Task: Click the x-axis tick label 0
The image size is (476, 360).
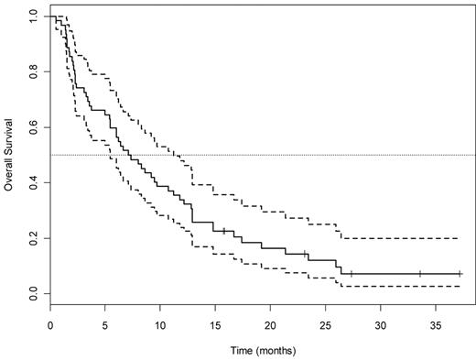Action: tap(50, 324)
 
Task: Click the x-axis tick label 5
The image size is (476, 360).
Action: tap(105, 324)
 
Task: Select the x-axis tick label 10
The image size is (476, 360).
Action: tap(160, 324)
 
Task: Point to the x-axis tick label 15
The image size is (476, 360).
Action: tap(215, 324)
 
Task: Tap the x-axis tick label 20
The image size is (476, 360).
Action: tap(270, 324)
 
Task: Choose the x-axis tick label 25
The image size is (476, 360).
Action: tap(325, 324)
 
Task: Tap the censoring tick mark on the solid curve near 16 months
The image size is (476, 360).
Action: tap(224, 230)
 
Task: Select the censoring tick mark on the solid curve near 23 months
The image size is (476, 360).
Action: tap(306, 254)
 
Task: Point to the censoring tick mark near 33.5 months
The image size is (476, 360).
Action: tap(419, 274)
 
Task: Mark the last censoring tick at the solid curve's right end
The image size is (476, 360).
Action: tap(460, 274)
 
